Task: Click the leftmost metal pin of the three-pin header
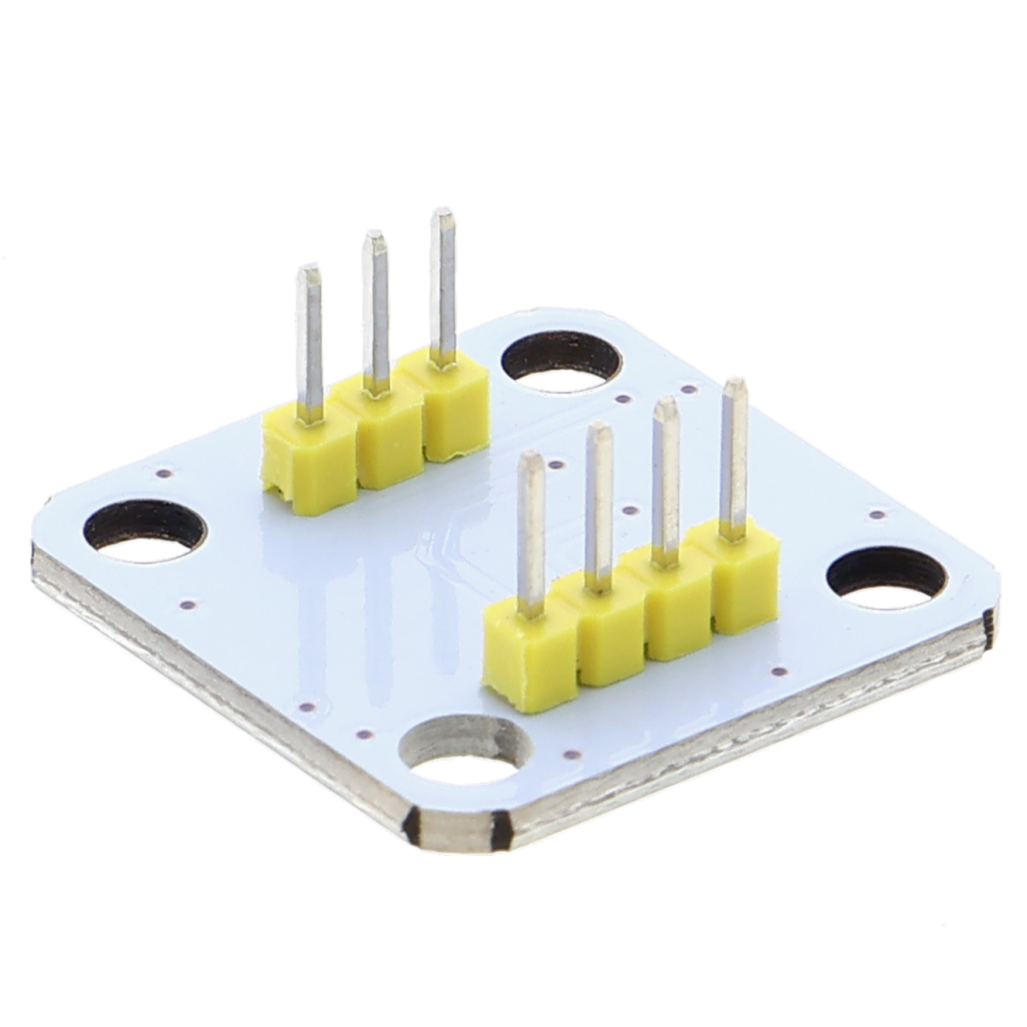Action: tap(310, 342)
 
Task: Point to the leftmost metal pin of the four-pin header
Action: tap(531, 531)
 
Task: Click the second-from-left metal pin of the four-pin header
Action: tap(599, 505)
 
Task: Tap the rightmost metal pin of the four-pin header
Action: tap(733, 454)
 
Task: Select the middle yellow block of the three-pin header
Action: tap(377, 436)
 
